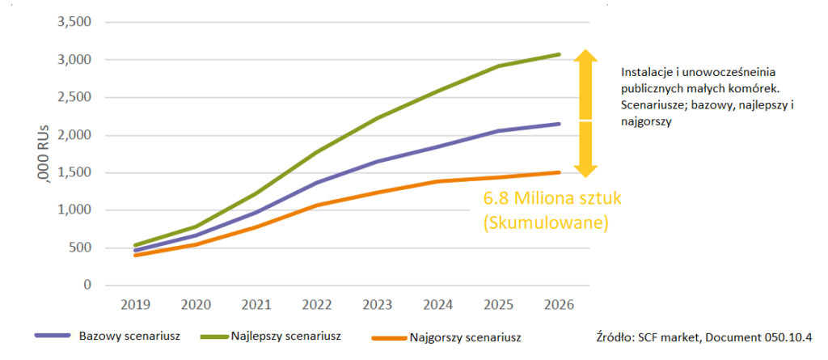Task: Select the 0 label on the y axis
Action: [x=87, y=286]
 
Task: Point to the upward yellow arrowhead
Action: [x=586, y=57]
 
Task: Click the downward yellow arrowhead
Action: [x=586, y=170]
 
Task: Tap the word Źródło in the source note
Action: [x=610, y=336]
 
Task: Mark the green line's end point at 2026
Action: [x=559, y=54]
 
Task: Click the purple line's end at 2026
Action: [x=559, y=124]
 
